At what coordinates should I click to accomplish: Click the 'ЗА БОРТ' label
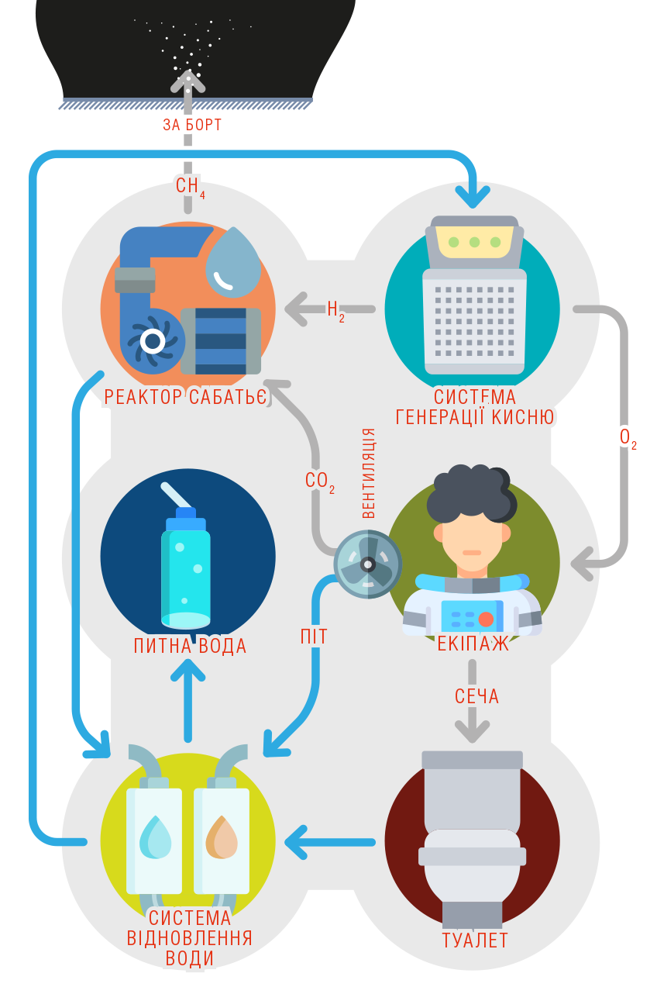(192, 125)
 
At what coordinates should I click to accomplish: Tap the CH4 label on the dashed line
(191, 188)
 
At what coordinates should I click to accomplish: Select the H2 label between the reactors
(335, 311)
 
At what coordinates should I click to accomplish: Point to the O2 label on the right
(628, 439)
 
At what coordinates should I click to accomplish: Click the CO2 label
(320, 482)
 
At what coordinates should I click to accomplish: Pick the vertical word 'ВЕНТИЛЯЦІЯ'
(369, 473)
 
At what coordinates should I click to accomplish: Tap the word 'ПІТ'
(314, 637)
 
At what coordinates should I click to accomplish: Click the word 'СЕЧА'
(476, 696)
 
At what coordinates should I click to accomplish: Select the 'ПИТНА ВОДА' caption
(190, 646)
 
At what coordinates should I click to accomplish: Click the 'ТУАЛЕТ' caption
(475, 940)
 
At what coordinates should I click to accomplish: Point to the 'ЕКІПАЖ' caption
(473, 644)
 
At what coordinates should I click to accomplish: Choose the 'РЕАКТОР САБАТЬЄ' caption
(185, 397)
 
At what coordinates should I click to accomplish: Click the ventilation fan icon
(368, 564)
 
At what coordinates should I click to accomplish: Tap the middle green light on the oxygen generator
(474, 242)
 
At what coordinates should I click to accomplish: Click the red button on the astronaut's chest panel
(486, 619)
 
